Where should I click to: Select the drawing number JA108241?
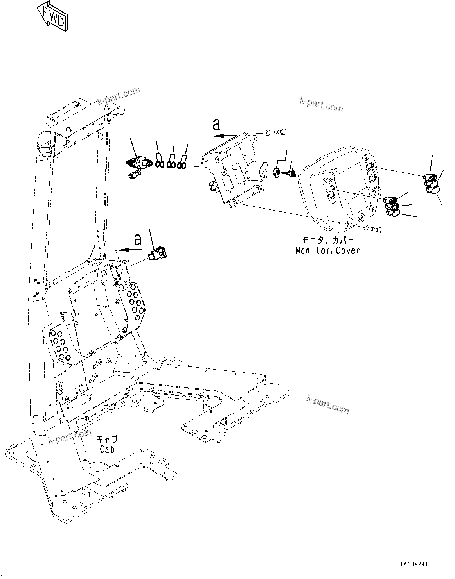pos(414,565)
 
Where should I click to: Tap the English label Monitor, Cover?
pos(327,250)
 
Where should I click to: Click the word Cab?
pos(107,450)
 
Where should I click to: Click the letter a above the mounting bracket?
pos(216,124)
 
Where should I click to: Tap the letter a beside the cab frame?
pos(137,239)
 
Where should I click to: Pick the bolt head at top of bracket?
pos(281,132)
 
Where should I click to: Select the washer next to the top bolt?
pos(267,133)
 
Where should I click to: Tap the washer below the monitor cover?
pos(365,228)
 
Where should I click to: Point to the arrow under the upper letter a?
pos(227,135)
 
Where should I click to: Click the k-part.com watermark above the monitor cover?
pos(321,104)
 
